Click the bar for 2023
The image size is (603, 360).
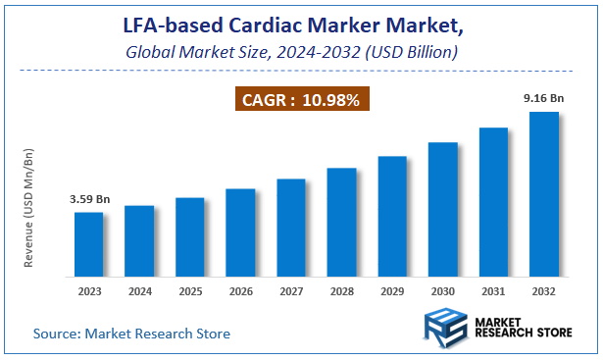pos(89,243)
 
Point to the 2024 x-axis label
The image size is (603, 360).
pos(139,290)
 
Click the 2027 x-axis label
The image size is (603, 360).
pos(291,290)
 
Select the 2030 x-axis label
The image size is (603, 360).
pos(443,290)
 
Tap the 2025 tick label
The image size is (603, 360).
pos(190,290)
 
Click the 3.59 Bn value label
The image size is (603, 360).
pos(89,199)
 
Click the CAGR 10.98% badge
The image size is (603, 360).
pos(301,99)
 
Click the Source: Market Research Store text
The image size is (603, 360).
pos(132,334)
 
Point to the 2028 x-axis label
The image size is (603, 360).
pos(341,290)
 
